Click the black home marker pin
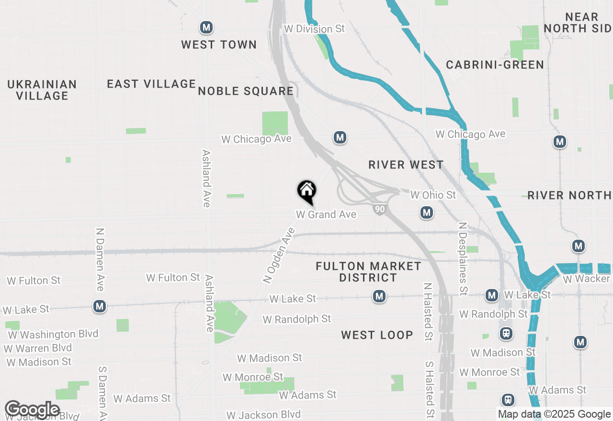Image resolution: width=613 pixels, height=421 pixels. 306,191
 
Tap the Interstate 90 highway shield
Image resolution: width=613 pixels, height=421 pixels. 379,209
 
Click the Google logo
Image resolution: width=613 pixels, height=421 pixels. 32,410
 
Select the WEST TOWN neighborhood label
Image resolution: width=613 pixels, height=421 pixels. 219,44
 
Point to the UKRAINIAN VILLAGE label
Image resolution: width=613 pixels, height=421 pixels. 42,90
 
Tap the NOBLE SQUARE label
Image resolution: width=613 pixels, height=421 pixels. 246,91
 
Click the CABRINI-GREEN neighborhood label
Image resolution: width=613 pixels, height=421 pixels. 495,65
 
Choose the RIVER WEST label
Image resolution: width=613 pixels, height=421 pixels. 406,165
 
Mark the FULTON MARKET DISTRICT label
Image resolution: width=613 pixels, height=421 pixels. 368,272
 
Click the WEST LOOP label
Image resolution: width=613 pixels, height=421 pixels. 377,335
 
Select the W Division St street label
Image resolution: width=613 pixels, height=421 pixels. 314,29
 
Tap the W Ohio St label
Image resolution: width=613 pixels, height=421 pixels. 433,195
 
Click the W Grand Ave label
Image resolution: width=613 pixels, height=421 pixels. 326,214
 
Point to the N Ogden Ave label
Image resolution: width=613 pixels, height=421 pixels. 279,255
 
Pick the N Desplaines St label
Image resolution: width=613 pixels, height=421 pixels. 463,258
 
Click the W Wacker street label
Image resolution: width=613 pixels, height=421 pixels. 586,278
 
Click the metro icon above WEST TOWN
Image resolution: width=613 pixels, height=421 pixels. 206,27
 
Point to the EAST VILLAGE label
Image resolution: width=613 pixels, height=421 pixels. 151,84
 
